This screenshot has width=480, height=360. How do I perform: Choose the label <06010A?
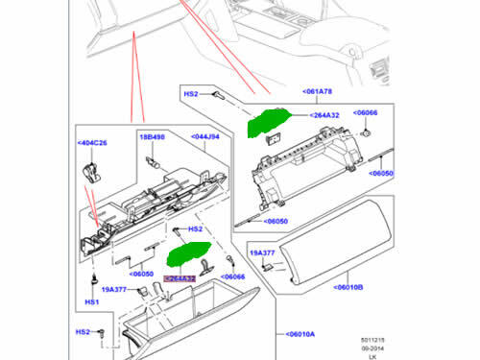(304, 334)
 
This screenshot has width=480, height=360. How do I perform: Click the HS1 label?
(92, 302)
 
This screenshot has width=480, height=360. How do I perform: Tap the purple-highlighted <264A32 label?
(180, 279)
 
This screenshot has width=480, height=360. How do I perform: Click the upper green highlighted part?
(269, 124)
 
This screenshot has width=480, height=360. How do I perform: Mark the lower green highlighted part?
(187, 257)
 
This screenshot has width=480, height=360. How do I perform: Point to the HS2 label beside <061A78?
(191, 94)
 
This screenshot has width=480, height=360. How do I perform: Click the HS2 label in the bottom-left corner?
(84, 332)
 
